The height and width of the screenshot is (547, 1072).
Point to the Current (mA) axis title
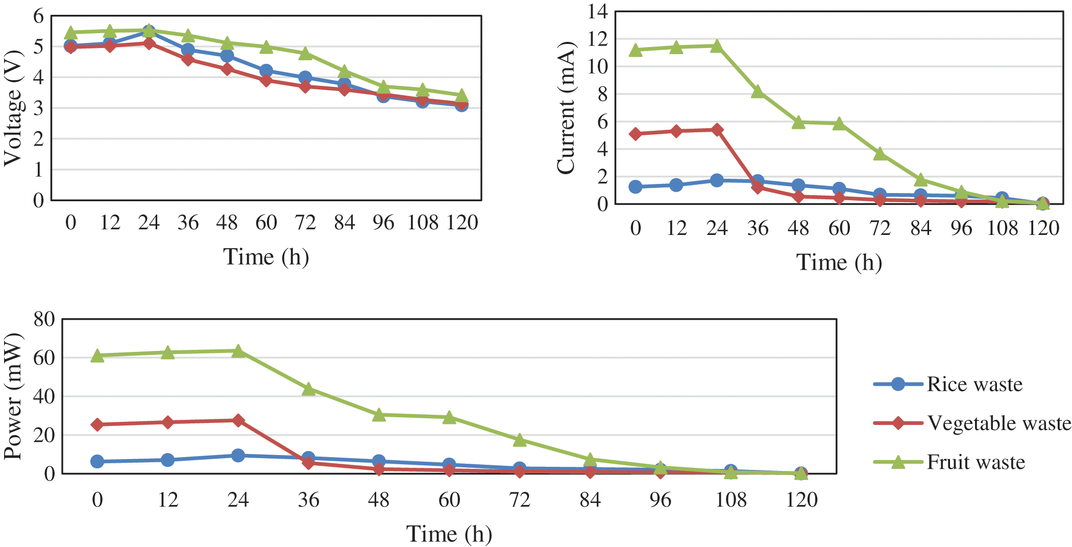(566, 108)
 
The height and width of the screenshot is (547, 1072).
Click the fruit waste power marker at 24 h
(238, 351)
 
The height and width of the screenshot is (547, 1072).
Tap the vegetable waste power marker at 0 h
(98, 424)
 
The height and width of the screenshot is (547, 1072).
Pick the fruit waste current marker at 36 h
(758, 92)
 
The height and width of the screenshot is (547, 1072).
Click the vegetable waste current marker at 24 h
(717, 130)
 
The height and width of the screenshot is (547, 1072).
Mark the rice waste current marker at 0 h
(636, 187)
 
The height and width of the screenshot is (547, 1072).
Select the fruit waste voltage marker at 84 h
(345, 71)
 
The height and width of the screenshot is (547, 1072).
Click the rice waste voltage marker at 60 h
(266, 71)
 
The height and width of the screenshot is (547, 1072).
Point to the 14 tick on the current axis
(598, 11)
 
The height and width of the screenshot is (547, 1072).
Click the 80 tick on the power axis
(44, 319)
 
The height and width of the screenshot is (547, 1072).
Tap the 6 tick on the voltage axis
(39, 16)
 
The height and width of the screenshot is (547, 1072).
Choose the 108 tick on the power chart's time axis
(730, 500)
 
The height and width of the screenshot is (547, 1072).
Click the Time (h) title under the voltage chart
(266, 256)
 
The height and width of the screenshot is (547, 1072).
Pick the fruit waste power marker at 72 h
(520, 440)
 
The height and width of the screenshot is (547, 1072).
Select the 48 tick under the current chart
(798, 228)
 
